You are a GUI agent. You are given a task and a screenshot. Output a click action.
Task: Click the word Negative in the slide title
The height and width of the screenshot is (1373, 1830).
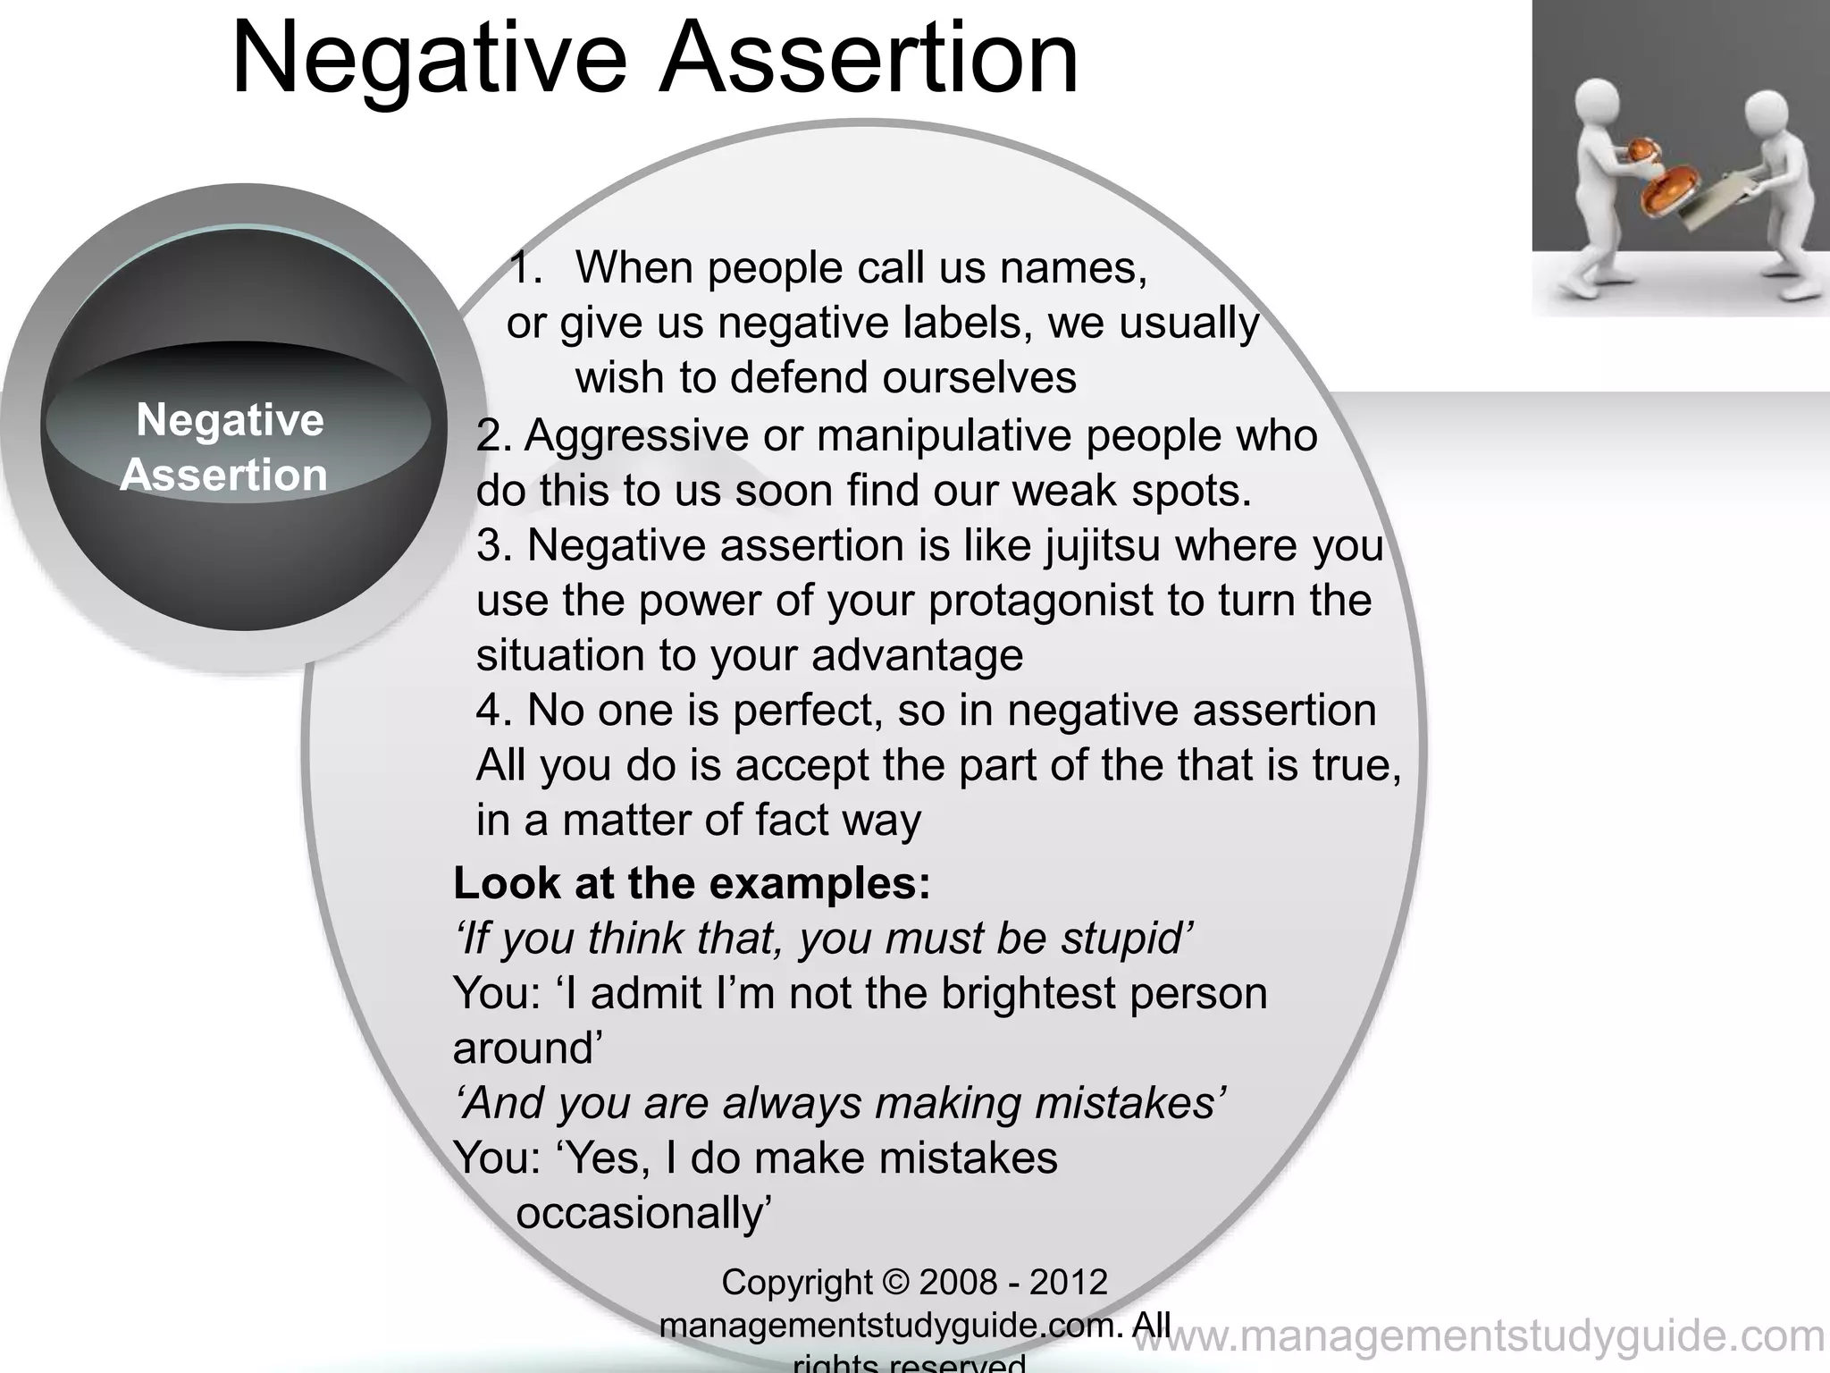coord(429,61)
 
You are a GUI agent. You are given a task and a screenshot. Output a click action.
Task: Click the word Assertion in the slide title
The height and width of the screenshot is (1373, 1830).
coord(869,61)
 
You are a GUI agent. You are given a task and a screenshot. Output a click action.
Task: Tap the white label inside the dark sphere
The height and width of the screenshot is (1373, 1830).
coord(227,447)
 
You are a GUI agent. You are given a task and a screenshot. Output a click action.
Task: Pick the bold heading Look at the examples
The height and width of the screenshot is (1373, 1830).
coord(692,883)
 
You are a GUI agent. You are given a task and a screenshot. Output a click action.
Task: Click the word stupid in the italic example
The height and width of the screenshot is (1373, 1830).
coord(1127,939)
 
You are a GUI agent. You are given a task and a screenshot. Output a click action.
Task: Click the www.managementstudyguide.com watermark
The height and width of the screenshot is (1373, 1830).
coord(1479,1336)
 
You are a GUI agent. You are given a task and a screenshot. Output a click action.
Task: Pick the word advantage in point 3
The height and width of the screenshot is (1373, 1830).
coord(918,656)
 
